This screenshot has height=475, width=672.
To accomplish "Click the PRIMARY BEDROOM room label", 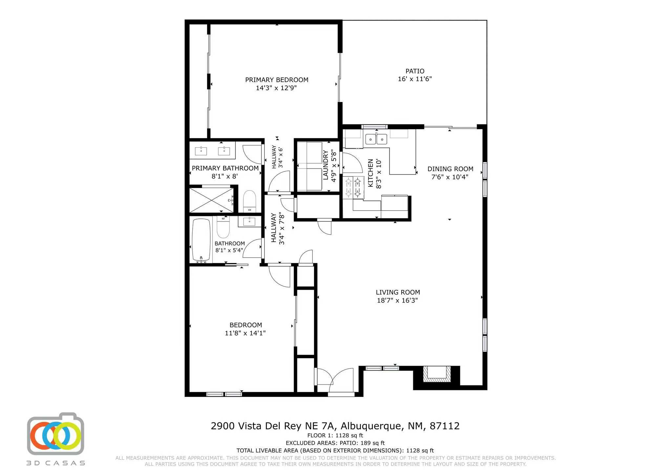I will pos(277,80).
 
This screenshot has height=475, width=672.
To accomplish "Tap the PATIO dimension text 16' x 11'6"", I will pos(415,79).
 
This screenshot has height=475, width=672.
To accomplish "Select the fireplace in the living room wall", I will pos(436,374).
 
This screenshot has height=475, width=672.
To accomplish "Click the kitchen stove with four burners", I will pos(354,187).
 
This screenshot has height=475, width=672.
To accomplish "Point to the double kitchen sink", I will pos(376,139).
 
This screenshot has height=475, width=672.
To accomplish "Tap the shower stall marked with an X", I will pos(211,199).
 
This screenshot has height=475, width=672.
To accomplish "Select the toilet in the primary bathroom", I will pos(249,201).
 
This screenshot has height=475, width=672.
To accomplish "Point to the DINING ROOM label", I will pos(450,169).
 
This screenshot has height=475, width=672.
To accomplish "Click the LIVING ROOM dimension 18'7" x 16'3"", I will pos(397,300).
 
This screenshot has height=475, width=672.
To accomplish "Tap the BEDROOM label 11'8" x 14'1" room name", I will pos(245,325).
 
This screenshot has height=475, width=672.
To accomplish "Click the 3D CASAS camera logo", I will pos(55,434).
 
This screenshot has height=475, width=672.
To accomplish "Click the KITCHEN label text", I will pos(370,173).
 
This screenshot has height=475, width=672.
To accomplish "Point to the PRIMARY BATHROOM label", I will pos(225,168).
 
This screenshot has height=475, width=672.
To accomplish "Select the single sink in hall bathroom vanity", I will pos(249,221).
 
